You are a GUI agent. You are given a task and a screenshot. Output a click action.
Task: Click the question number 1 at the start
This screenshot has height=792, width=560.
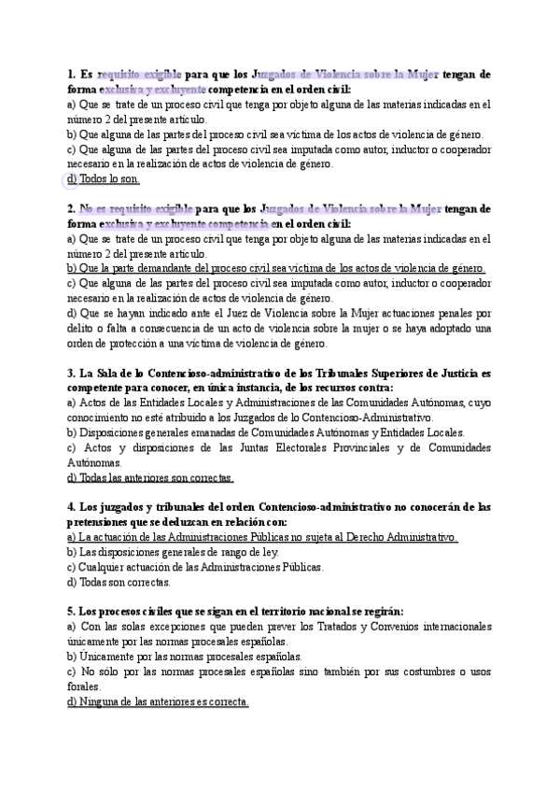pyautogui.click(x=71, y=74)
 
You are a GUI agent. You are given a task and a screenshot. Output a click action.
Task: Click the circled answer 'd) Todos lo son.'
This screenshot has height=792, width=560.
pyautogui.click(x=103, y=178)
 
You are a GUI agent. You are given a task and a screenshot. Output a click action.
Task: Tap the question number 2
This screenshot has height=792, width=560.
pyautogui.click(x=71, y=208)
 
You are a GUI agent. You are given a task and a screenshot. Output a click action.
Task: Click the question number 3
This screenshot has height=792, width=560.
pyautogui.click(x=71, y=373)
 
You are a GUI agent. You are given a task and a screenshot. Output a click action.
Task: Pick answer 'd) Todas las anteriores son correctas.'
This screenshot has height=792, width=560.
pyautogui.click(x=149, y=477)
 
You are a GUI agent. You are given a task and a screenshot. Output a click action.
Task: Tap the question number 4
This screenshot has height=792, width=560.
pyautogui.click(x=71, y=508)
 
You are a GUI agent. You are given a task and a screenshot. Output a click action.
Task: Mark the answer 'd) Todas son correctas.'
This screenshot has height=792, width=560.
pyautogui.click(x=119, y=583)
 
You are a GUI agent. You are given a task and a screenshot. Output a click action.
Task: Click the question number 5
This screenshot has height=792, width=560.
pyautogui.click(x=71, y=613)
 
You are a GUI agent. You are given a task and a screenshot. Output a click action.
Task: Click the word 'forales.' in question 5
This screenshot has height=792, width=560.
pyautogui.click(x=83, y=686)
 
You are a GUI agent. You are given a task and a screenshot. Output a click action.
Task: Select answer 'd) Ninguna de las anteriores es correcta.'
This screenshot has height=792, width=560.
pyautogui.click(x=158, y=702)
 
